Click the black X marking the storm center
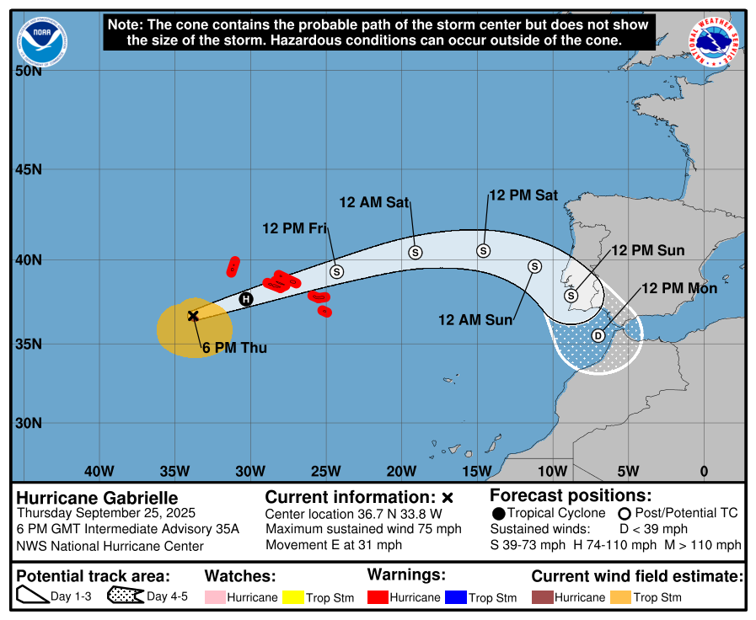tap(193, 315)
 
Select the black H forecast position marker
tap(246, 298)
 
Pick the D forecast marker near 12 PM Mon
tap(598, 335)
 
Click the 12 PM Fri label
tap(294, 228)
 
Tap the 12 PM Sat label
tap(523, 195)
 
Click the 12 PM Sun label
tap(647, 250)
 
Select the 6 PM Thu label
tap(233, 347)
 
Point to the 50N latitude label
tap(29, 71)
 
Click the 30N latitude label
tap(29, 423)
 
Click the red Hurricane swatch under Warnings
tap(378, 597)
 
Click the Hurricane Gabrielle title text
tap(98, 498)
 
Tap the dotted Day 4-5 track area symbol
tap(125, 597)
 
